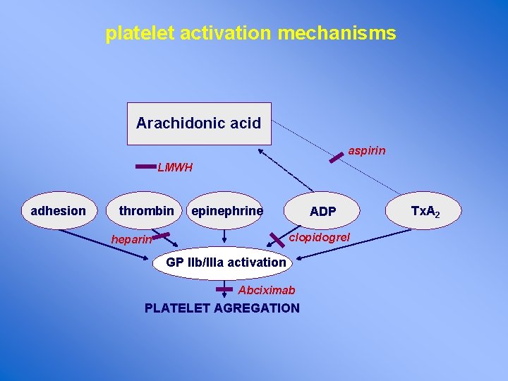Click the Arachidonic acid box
(x=198, y=123)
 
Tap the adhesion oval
(x=59, y=211)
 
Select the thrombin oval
(x=146, y=211)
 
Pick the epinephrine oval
(x=227, y=211)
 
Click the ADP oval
(x=323, y=212)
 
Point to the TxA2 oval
(x=425, y=212)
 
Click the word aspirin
(x=367, y=151)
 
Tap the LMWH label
(x=175, y=169)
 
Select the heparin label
(x=131, y=240)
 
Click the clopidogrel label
(x=320, y=238)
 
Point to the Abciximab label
(x=267, y=290)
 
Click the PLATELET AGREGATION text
(x=222, y=308)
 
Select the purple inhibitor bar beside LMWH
(x=145, y=167)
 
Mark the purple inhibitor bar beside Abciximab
(x=224, y=289)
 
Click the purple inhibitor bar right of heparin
(x=161, y=236)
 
